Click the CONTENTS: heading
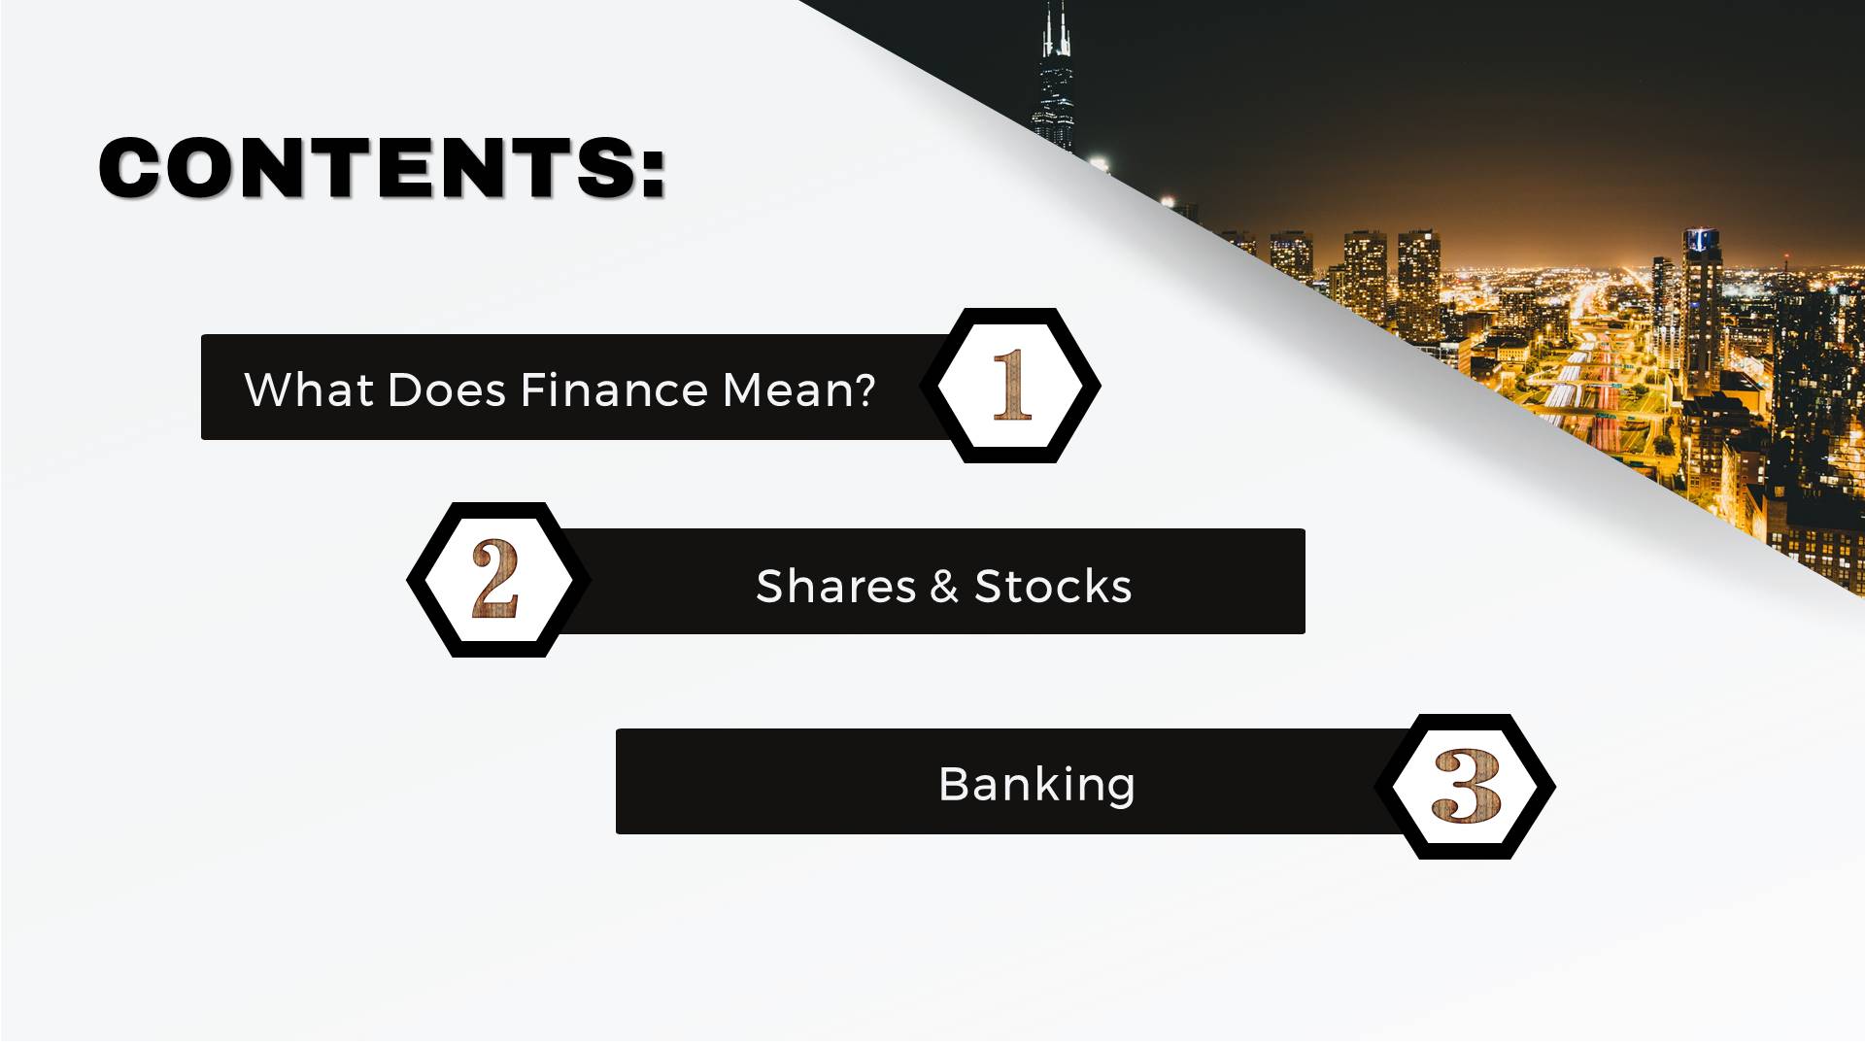click(383, 168)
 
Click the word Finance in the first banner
click(614, 390)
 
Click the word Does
click(447, 390)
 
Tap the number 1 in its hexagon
click(1011, 386)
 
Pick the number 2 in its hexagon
click(495, 579)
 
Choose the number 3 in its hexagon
click(1467, 786)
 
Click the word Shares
click(836, 587)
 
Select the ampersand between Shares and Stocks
click(944, 588)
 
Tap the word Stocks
click(1053, 587)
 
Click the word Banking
click(1036, 786)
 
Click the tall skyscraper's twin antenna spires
click(1057, 29)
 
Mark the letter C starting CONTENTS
click(133, 168)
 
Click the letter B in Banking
click(954, 784)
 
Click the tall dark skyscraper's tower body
click(1055, 102)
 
